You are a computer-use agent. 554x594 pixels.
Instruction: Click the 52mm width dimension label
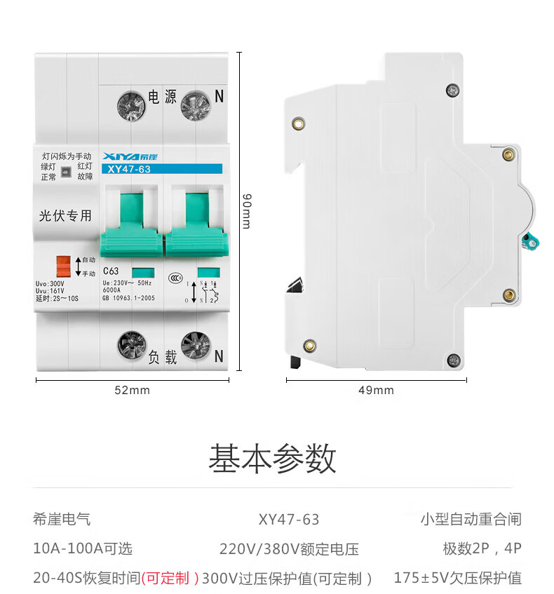132,390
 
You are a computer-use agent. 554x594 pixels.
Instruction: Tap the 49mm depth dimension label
376,390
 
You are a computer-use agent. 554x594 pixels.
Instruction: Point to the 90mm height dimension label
246,210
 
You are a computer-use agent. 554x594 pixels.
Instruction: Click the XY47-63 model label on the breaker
127,169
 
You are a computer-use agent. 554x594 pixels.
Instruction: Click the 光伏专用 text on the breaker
65,216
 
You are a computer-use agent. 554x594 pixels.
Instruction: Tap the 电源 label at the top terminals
163,97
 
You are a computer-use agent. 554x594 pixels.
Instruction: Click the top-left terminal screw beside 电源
131,106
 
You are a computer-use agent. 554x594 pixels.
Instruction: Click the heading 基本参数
272,459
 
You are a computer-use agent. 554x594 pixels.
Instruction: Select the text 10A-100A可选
83,548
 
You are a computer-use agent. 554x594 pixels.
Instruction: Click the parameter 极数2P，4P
482,548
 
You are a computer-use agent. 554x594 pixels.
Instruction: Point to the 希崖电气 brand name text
62,520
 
